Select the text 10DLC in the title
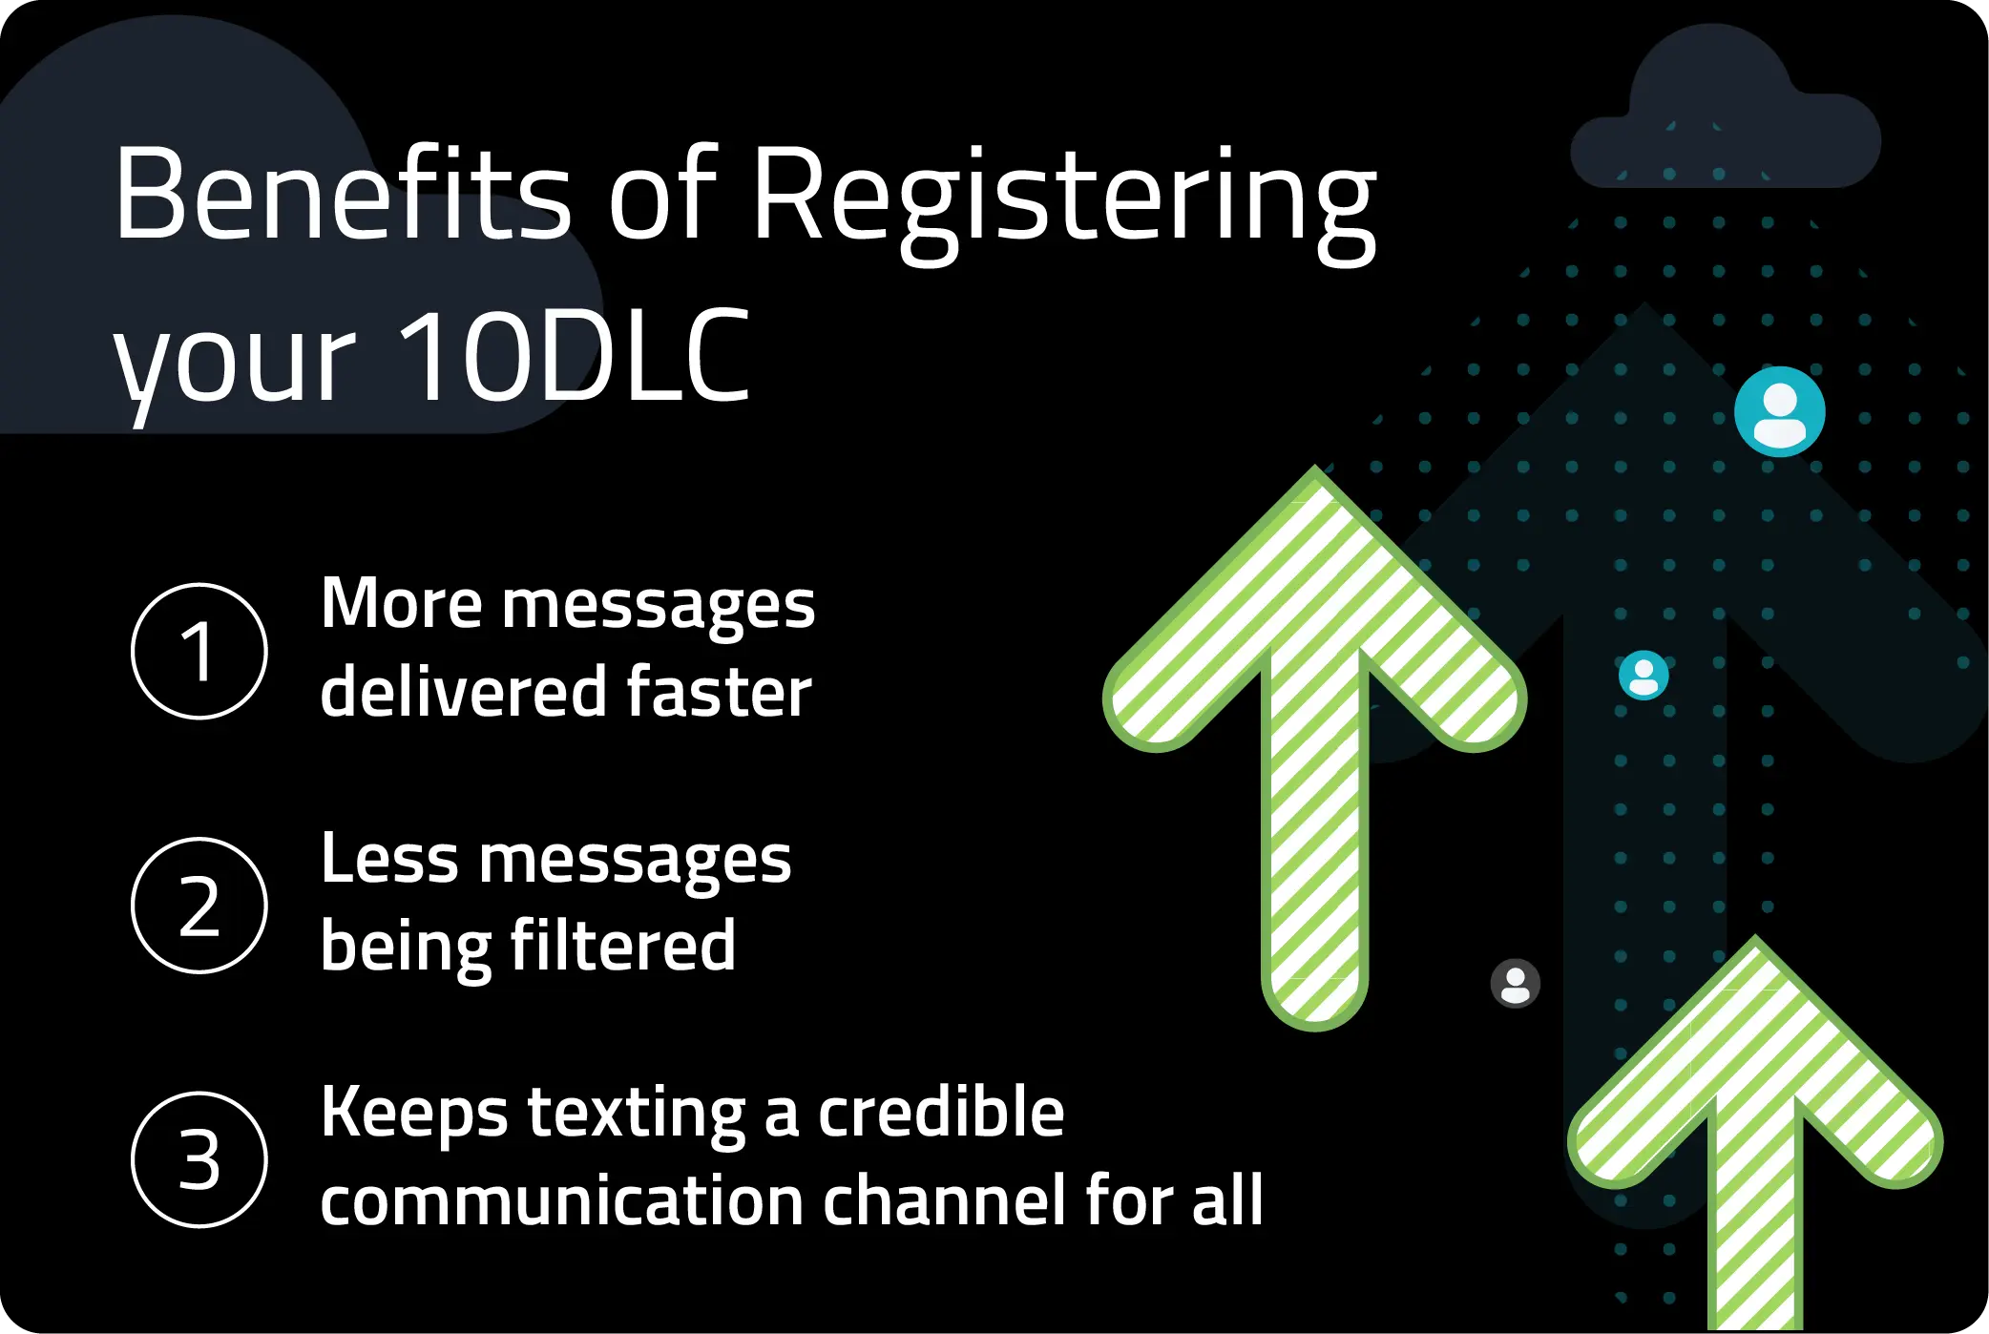574,355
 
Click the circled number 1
199,651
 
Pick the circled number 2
199,905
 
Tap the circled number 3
199,1159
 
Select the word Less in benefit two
388,859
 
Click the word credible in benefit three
940,1112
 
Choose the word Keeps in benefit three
413,1114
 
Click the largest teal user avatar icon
1779,412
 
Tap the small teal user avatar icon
1644,676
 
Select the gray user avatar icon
1515,983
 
